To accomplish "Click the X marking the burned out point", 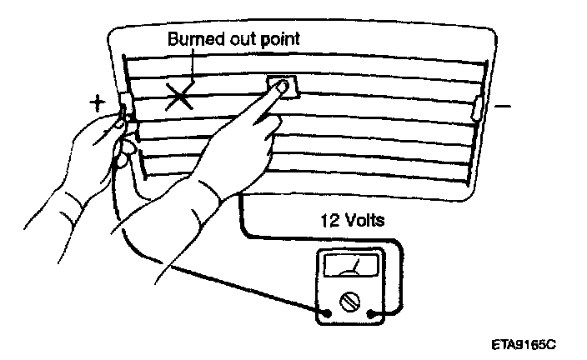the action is click(180, 97).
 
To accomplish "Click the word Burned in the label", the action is click(194, 39).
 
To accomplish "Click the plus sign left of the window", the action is click(98, 103).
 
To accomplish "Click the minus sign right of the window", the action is click(504, 106).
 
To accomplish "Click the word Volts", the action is click(364, 222).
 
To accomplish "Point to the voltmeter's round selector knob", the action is click(350, 298).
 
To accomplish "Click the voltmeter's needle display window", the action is click(350, 267).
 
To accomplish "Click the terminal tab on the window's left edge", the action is click(127, 107).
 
